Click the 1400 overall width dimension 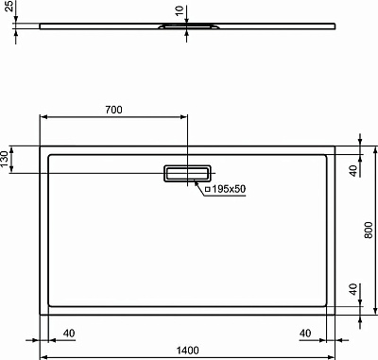(x=188, y=351)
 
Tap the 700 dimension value (x=112, y=110)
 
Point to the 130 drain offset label (x=7, y=156)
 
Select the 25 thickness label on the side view (x=6, y=18)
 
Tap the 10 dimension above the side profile (x=179, y=11)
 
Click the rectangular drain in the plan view (x=188, y=174)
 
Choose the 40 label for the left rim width (x=69, y=333)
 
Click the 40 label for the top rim (x=353, y=171)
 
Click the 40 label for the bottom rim (x=353, y=288)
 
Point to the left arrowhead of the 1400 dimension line (x=43, y=357)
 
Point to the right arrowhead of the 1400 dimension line (x=334, y=357)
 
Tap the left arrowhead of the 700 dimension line (x=43, y=117)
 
